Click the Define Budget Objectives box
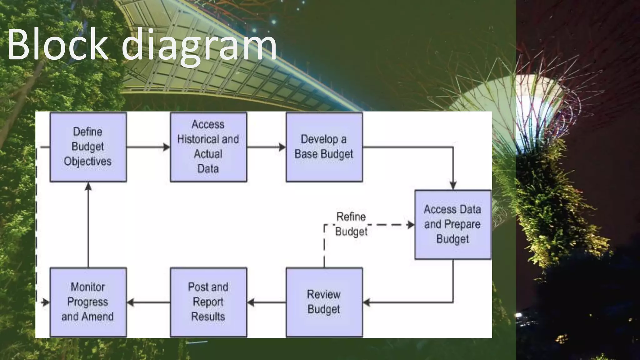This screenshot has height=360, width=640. (x=88, y=147)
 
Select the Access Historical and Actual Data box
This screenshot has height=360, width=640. (x=208, y=147)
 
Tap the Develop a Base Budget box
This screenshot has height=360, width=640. (x=324, y=147)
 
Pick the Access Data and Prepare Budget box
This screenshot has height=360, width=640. (x=453, y=224)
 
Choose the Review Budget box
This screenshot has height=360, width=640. (x=324, y=302)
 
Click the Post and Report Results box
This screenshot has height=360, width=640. (x=208, y=302)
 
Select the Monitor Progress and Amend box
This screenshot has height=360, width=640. (x=88, y=302)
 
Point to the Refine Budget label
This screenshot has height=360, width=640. (x=351, y=224)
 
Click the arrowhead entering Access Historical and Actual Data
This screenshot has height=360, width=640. (x=167, y=147)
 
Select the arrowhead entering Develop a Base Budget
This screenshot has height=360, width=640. (x=282, y=147)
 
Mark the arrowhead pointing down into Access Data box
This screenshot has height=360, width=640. (x=453, y=185)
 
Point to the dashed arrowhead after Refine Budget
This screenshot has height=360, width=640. (x=411, y=225)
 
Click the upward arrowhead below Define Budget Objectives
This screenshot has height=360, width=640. (x=88, y=187)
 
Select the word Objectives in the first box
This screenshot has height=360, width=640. (x=88, y=162)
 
